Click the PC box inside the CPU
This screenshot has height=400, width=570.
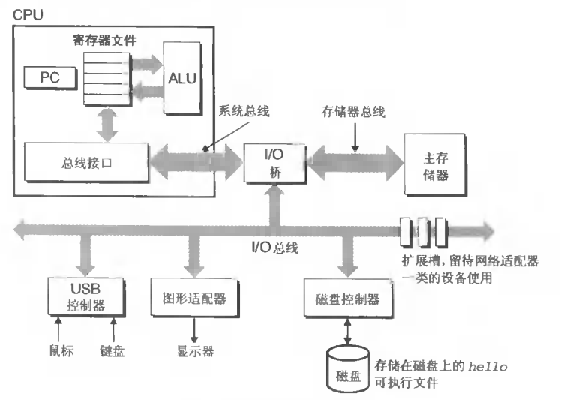[44, 77]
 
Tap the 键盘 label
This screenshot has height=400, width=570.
[112, 350]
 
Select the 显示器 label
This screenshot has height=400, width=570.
[195, 350]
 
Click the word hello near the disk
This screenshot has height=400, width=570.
[489, 366]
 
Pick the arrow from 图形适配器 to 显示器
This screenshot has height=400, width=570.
[193, 329]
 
